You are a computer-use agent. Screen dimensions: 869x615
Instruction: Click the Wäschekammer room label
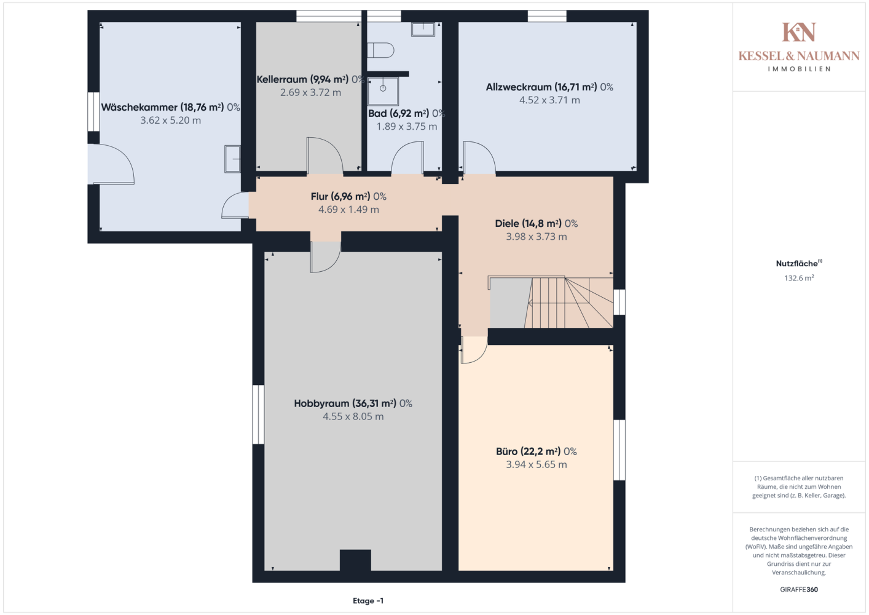coord(171,107)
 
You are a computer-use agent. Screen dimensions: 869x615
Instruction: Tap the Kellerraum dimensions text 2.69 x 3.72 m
coord(311,92)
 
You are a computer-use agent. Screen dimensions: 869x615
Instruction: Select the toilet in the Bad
coord(380,50)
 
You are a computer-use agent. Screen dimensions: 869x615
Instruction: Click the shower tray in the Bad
coord(383,91)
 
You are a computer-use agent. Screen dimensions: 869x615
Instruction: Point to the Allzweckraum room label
coord(549,87)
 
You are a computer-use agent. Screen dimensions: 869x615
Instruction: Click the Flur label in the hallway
coord(348,196)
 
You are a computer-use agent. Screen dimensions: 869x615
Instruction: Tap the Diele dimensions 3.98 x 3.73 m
coord(536,236)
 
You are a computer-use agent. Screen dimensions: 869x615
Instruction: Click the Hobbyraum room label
coord(353,403)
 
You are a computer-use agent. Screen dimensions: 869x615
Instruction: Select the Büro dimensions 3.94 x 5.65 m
coord(536,464)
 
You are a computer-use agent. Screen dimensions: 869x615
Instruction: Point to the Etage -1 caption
coord(368,601)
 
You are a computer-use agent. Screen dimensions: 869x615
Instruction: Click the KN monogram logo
coord(798,32)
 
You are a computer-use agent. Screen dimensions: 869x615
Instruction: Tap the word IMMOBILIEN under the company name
coord(799,69)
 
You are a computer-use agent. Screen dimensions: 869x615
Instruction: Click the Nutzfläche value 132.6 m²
coord(799,278)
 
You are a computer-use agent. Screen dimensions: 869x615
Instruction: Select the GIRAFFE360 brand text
coord(799,589)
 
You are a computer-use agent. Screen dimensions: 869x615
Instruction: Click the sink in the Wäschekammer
coord(232,159)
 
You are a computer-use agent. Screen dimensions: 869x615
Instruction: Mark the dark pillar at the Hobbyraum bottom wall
coord(355,560)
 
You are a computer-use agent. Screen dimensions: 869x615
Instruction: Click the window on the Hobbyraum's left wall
coord(258,415)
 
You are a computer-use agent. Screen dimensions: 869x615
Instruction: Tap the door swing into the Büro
coord(473,349)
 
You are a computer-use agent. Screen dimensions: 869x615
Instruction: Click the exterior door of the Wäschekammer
coord(111,164)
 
